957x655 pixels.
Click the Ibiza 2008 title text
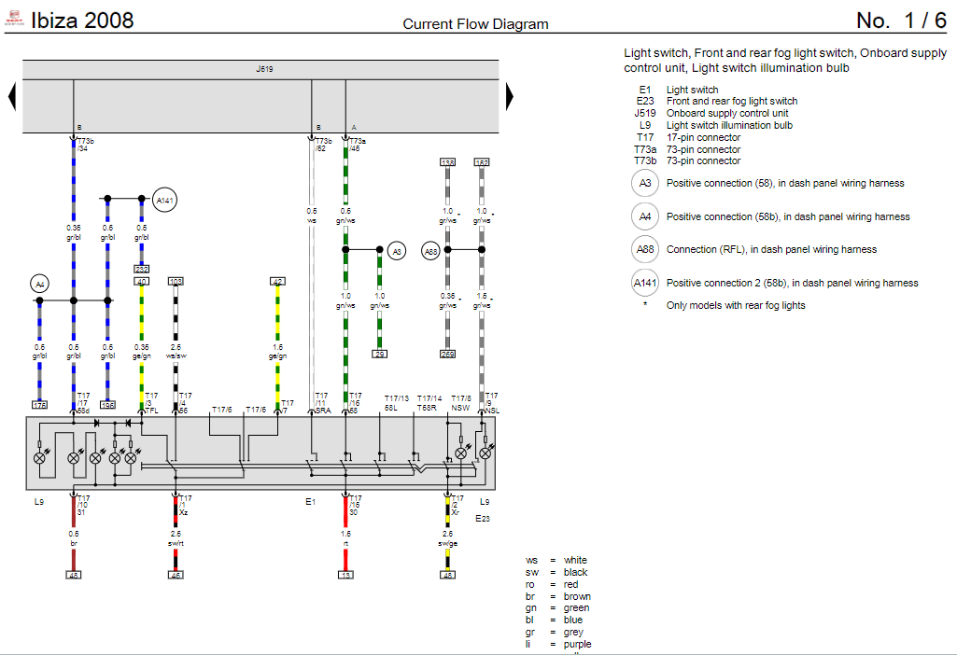click(82, 21)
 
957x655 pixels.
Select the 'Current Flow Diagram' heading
click(475, 24)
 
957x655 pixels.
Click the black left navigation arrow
click(12, 95)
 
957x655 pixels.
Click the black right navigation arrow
click(510, 95)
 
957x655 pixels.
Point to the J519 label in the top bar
click(265, 69)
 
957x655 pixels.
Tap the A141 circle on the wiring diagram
click(164, 200)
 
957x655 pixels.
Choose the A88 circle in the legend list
click(645, 249)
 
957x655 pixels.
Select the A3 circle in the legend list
click(645, 184)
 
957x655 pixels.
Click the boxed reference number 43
click(74, 575)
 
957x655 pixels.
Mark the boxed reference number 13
click(345, 575)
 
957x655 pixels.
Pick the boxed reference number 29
click(379, 354)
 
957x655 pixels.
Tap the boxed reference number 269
click(447, 354)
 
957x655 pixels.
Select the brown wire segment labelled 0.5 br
click(74, 557)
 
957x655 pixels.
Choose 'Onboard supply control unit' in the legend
click(727, 114)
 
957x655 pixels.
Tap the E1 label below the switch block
click(311, 502)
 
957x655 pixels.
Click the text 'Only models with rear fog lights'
click(735, 305)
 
